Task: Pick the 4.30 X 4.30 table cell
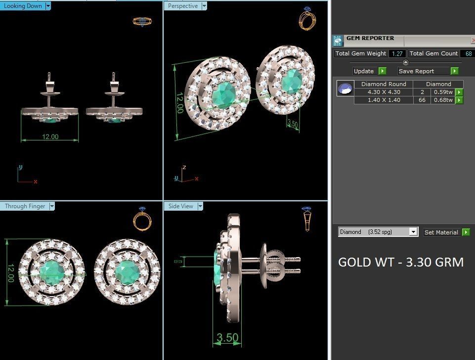click(384, 92)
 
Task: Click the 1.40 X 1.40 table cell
click(384, 100)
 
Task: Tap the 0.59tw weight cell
click(443, 92)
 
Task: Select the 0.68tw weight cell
click(443, 100)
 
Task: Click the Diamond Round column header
click(384, 84)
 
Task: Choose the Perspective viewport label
click(182, 6)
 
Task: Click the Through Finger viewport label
click(25, 206)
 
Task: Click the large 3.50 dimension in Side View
click(227, 338)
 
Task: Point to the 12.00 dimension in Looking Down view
click(50, 136)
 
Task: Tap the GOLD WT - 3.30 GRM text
click(400, 262)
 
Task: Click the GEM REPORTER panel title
click(370, 38)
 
